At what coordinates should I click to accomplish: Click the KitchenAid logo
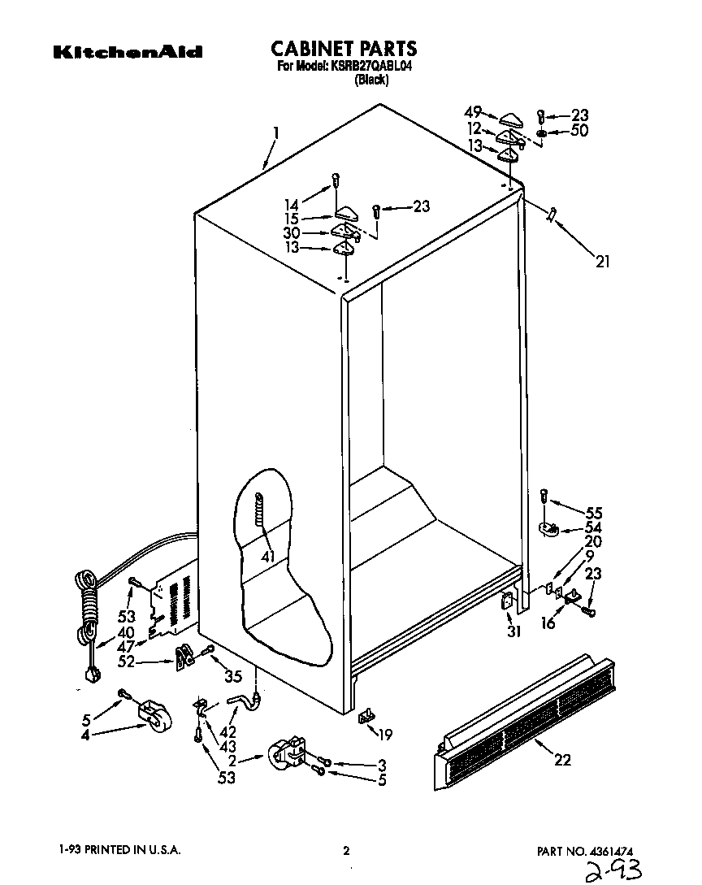tap(128, 52)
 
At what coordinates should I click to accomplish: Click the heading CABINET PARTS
tap(344, 48)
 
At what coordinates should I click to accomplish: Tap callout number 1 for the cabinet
tap(276, 132)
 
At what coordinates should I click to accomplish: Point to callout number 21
tap(602, 262)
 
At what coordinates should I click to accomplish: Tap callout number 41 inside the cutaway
tap(267, 556)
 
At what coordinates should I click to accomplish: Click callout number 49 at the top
tap(473, 112)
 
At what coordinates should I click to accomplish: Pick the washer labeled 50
tap(541, 132)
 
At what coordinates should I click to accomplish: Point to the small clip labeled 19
tap(365, 715)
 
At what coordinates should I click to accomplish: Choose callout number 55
tap(594, 513)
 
